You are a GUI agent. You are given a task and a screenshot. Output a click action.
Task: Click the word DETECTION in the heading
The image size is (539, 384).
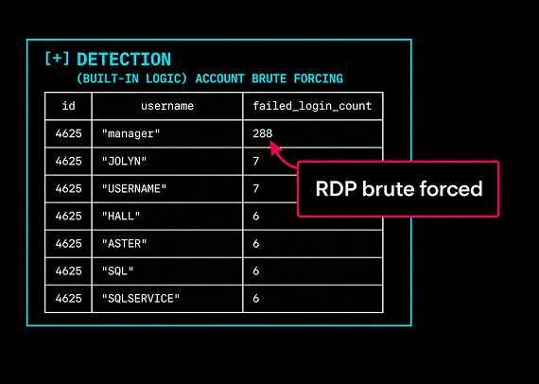(124, 60)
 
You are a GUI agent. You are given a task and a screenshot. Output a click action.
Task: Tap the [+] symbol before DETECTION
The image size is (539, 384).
(57, 59)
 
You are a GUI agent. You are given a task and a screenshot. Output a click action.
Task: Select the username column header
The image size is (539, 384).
(167, 106)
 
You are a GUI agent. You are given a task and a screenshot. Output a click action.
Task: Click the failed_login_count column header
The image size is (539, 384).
(312, 106)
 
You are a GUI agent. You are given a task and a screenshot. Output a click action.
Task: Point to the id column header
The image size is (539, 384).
(68, 106)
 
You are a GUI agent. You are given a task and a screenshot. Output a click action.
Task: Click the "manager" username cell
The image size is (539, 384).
(131, 133)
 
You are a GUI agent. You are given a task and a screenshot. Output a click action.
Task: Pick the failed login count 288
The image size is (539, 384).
(263, 133)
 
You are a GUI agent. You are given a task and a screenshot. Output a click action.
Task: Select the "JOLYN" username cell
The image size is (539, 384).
(124, 161)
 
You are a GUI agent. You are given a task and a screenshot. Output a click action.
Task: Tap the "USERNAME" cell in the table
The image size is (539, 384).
(134, 189)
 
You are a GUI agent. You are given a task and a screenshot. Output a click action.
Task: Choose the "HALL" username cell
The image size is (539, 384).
(121, 217)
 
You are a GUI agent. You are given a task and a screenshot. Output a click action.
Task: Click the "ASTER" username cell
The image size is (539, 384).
(124, 244)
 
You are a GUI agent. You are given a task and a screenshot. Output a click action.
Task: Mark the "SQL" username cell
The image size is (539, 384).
(117, 271)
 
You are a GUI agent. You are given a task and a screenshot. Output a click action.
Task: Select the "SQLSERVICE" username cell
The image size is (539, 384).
(141, 298)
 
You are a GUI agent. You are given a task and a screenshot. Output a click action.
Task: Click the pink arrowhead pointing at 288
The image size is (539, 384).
(275, 148)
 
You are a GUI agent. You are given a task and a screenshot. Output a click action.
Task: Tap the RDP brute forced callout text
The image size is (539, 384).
(399, 189)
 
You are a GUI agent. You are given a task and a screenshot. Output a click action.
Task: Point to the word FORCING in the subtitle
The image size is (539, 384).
(319, 79)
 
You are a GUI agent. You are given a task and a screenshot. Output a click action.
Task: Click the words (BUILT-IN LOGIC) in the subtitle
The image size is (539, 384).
(132, 79)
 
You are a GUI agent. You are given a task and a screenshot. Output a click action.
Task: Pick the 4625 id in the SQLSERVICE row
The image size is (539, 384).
(68, 298)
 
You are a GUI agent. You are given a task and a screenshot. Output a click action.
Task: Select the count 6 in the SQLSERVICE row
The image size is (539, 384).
(255, 298)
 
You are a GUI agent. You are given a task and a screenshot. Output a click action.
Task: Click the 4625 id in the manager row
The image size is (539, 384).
(68, 133)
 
